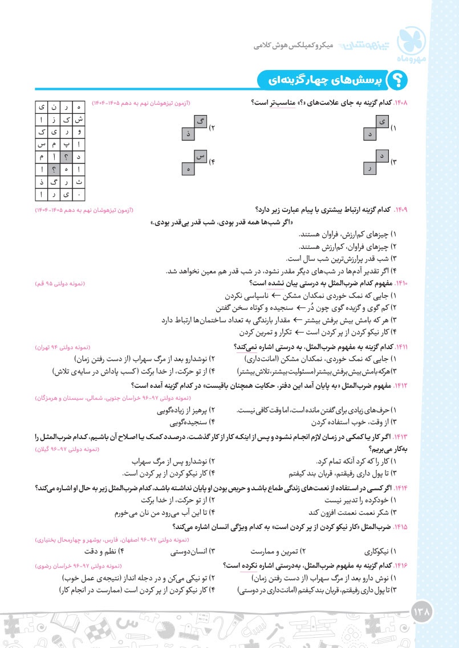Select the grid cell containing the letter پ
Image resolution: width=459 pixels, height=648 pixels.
(x=67, y=145)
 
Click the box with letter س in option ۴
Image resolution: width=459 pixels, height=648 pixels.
(x=200, y=155)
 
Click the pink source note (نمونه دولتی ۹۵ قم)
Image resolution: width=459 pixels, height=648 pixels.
(x=60, y=283)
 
